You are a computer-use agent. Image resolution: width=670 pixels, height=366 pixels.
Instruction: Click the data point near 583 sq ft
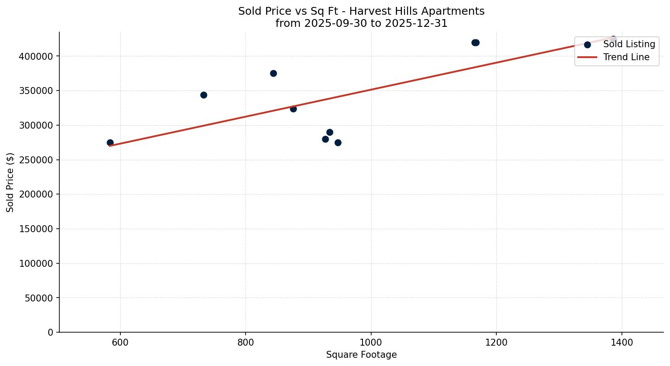[110, 143]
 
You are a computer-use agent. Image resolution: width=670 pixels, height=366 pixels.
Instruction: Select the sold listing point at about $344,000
[204, 95]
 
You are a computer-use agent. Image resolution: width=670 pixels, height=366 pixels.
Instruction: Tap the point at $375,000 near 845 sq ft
[273, 73]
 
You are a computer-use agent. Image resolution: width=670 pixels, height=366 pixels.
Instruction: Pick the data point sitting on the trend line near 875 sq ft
[293, 109]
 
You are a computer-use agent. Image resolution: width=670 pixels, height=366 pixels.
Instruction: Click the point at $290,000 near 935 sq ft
[330, 132]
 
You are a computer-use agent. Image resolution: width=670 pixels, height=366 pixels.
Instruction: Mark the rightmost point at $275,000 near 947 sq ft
[338, 143]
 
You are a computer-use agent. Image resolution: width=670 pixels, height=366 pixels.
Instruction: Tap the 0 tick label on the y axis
[51, 332]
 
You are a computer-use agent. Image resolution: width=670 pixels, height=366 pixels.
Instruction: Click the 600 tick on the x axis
[120, 343]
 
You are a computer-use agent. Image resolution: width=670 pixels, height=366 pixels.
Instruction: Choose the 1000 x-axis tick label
[371, 343]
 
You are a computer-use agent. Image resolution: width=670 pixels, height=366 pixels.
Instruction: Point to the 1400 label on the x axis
[621, 343]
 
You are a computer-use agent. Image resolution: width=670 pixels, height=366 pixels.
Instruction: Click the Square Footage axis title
[361, 355]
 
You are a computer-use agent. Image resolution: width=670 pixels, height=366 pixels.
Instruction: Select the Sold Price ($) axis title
[10, 182]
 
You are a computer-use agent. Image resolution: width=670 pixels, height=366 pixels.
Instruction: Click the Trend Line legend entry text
[626, 57]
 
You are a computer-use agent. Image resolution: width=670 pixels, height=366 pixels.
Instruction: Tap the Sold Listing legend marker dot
[587, 45]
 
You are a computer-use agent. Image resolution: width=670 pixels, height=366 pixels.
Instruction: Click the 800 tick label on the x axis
[246, 343]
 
